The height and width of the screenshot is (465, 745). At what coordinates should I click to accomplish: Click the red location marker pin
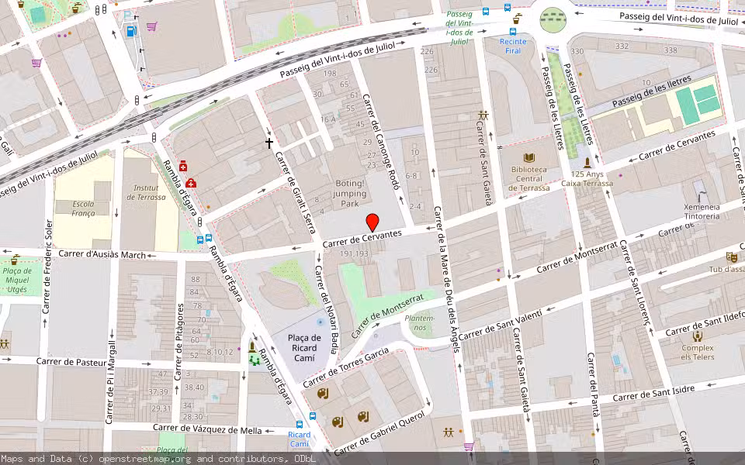pos(372,222)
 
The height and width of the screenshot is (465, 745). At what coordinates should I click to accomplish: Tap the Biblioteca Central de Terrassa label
pos(529,178)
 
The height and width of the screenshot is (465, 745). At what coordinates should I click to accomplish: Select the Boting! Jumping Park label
pos(350,194)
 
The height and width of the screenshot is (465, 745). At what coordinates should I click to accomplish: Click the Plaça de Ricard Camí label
pos(304,343)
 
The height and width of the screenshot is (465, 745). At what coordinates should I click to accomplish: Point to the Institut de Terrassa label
pos(149,192)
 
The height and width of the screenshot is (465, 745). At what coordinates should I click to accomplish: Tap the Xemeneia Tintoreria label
pos(702,212)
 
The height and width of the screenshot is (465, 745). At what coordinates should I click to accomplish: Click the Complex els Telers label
pos(698,353)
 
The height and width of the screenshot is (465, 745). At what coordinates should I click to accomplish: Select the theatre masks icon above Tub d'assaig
pos(731,257)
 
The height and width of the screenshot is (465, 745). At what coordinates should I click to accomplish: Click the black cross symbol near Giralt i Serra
pos(270,143)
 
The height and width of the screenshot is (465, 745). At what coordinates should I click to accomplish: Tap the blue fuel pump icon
pos(130,31)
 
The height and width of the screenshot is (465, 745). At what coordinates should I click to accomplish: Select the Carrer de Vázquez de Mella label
pos(207,428)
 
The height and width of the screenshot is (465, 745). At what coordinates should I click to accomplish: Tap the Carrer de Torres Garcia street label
pos(345,367)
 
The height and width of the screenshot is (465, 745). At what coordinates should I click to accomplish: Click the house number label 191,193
pos(354,254)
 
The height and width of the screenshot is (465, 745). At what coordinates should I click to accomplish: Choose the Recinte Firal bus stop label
pos(513,46)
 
